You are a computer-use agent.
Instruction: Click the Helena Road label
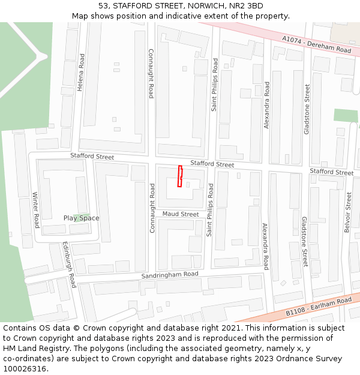(80, 72)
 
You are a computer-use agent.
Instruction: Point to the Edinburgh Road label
(69, 265)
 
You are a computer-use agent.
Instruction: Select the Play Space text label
(82, 218)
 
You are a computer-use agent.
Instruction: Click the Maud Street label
(181, 214)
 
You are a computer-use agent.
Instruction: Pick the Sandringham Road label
(170, 275)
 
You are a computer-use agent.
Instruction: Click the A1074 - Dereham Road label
(317, 45)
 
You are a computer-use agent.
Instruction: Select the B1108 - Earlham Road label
(319, 307)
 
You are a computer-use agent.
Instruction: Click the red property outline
(180, 176)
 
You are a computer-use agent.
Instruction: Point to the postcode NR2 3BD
(247, 6)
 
